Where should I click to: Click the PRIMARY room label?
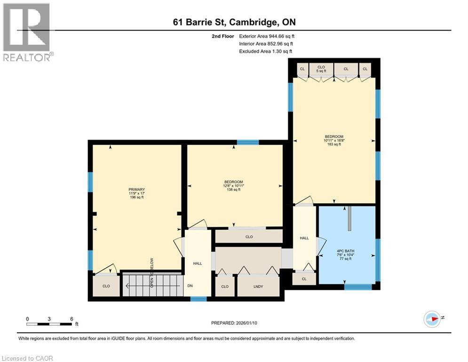pos(137,189)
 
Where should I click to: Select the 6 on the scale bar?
pos(71,319)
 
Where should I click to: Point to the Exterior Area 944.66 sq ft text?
pos(267,36)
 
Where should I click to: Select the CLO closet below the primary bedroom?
pos(106,286)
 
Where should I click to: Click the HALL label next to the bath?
pos(304,238)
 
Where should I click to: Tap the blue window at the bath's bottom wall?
pos(358,286)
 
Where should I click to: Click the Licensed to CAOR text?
pos(28,358)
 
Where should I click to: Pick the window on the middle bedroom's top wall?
pos(247,142)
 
